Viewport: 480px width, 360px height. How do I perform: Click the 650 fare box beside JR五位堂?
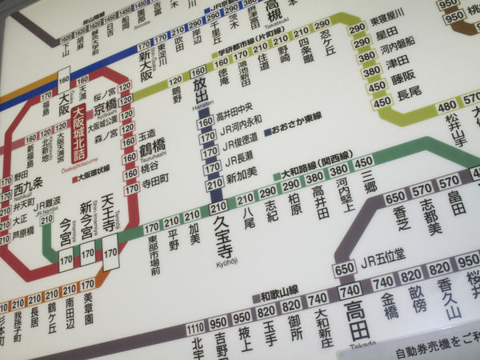click(345, 268)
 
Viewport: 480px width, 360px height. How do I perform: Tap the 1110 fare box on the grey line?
click(195, 330)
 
